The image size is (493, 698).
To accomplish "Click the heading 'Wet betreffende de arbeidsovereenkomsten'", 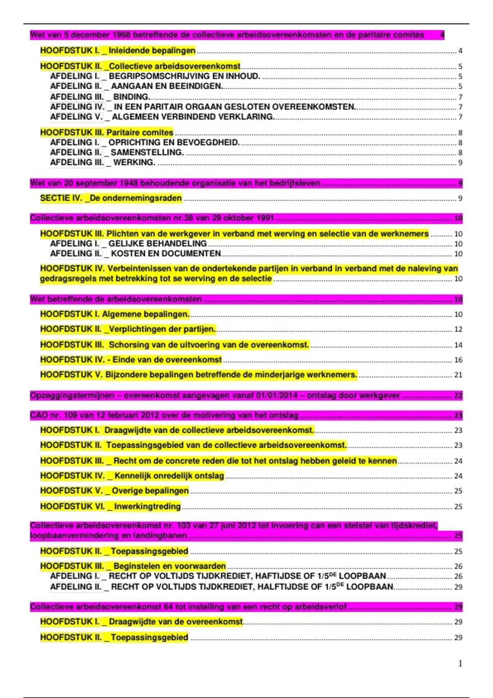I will (x=116, y=299).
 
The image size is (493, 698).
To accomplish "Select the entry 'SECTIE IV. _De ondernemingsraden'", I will (x=111, y=198).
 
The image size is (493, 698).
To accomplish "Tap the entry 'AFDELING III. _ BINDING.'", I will (x=100, y=97).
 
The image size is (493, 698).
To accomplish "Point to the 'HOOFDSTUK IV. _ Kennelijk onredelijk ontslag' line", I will (x=132, y=476).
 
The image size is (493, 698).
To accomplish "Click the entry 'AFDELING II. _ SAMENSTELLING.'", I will (x=117, y=152).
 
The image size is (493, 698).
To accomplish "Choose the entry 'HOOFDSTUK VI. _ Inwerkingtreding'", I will (x=111, y=506).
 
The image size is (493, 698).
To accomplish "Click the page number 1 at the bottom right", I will (x=460, y=664).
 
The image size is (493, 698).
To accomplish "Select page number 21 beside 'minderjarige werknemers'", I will (x=458, y=375).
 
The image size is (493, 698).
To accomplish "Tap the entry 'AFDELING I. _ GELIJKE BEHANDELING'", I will (x=129, y=243).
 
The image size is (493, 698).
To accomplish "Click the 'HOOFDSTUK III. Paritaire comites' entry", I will (x=107, y=133).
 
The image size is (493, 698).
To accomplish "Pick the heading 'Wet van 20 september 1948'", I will (x=175, y=183).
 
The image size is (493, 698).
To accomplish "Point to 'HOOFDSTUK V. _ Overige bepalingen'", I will (x=115, y=491).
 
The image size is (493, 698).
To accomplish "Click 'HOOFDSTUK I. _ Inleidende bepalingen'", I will (x=118, y=51).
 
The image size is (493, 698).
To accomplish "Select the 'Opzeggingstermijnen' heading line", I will (x=215, y=396).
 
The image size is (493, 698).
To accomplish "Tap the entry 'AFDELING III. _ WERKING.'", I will (x=103, y=163).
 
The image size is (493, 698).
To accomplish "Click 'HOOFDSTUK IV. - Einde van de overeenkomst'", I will (x=131, y=360).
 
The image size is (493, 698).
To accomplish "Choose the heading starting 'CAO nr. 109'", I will (x=164, y=415).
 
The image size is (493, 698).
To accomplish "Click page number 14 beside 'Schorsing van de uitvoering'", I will (x=458, y=345).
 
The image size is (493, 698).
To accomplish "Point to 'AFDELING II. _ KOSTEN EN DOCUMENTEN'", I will (x=136, y=254).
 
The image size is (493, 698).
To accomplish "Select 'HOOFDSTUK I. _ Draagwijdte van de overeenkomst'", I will (x=141, y=622).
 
